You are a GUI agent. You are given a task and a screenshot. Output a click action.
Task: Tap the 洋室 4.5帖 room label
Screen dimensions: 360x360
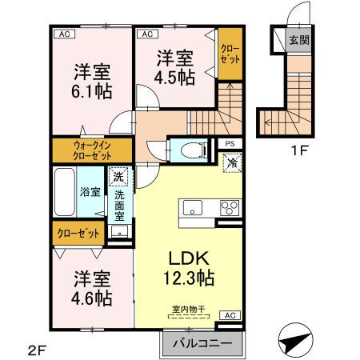[176, 67]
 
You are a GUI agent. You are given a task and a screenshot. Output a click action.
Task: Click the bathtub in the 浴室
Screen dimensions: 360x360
[66, 191]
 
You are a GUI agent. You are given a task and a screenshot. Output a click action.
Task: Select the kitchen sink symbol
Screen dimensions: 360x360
[194, 208]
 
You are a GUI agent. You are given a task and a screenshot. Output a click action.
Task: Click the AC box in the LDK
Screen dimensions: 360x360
[228, 316]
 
